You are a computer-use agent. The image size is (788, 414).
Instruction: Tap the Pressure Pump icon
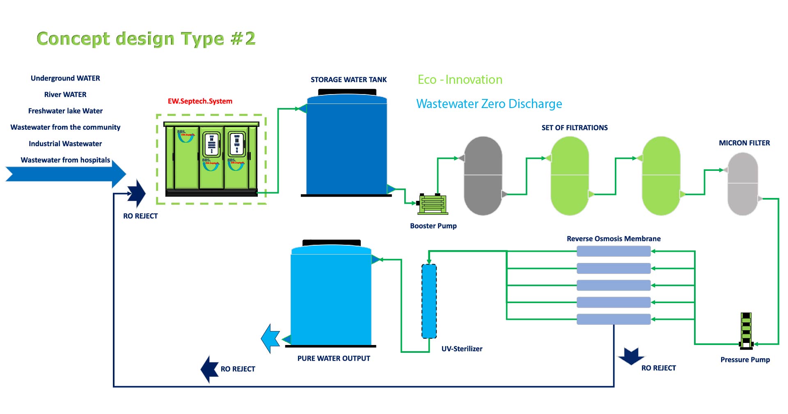[x=746, y=331]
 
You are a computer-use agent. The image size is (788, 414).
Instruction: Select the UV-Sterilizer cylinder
[x=429, y=301]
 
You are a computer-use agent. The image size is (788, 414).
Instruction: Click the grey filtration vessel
[x=483, y=176]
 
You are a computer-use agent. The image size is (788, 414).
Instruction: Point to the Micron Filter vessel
[x=742, y=184]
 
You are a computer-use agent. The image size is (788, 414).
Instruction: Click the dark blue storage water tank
[x=347, y=146]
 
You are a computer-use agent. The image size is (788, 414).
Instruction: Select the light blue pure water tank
[x=331, y=296]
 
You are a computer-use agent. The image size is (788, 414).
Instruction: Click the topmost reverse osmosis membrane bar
[x=614, y=251]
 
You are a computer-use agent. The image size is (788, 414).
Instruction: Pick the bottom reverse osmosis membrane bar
[x=614, y=319]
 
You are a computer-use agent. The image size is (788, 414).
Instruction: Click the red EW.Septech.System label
[x=200, y=101]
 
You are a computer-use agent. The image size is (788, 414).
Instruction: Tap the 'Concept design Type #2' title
[x=146, y=39]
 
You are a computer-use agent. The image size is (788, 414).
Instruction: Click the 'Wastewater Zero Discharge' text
[x=489, y=104]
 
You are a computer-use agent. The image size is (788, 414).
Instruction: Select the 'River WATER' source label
[x=65, y=94]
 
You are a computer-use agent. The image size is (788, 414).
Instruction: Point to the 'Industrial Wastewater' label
[x=65, y=144]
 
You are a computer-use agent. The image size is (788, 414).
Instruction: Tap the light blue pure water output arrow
[x=271, y=338]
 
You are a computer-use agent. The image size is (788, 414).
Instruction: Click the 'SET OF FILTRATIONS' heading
[x=574, y=128]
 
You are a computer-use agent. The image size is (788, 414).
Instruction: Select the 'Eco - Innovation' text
[x=460, y=80]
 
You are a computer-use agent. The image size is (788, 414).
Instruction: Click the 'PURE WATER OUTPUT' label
[x=334, y=359]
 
